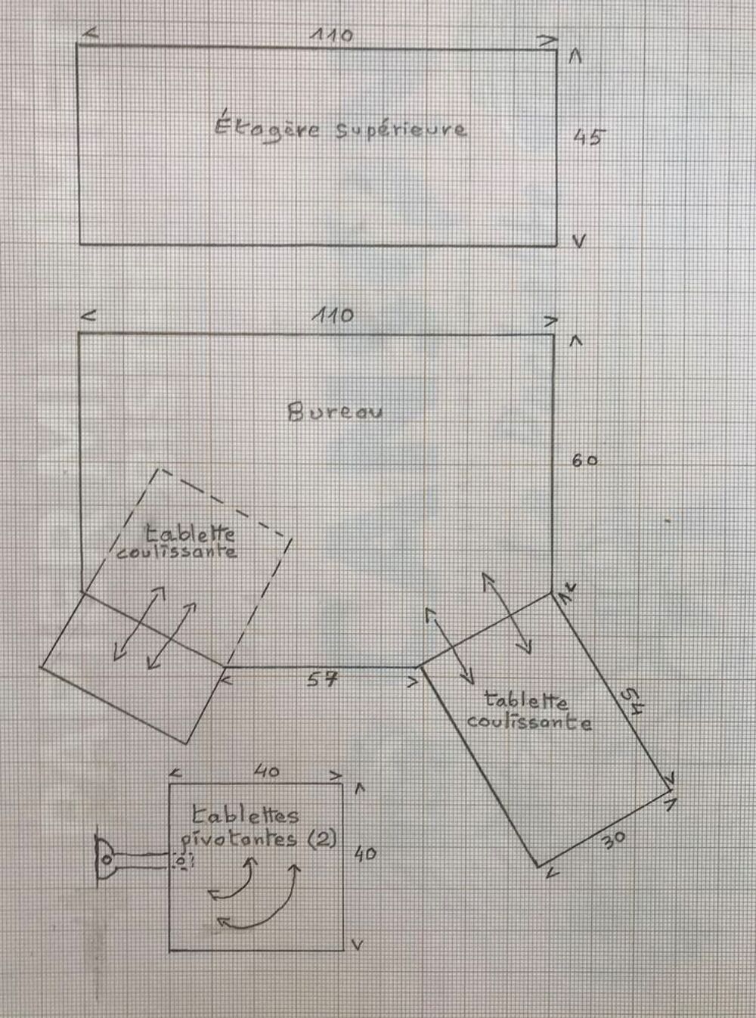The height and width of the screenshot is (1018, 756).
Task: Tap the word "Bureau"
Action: point(335,411)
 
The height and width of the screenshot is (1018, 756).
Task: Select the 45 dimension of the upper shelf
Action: point(590,137)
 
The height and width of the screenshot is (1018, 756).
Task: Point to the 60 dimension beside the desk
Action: point(585,461)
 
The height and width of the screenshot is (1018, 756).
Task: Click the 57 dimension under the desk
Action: point(323,679)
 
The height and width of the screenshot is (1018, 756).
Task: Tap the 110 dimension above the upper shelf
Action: point(331,35)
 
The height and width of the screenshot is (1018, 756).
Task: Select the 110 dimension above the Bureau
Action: point(333,315)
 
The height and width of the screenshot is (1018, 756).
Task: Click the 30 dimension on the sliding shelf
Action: point(614,840)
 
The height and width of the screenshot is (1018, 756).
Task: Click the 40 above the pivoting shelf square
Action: point(267,771)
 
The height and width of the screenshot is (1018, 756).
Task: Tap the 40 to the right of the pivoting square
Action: point(366,854)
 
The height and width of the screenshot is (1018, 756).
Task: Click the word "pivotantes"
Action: point(239,841)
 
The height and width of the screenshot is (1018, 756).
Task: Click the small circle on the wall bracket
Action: point(107,859)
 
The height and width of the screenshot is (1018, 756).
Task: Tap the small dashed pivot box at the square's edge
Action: point(183,860)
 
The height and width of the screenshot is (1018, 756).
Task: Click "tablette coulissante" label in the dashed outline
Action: point(178,542)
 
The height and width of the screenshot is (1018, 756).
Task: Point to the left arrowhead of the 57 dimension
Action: point(226,681)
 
